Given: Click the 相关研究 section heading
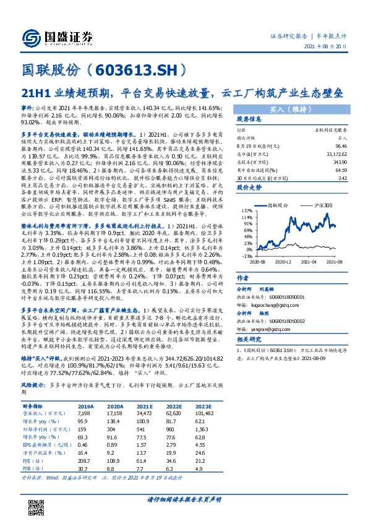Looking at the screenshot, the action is (250, 340).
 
